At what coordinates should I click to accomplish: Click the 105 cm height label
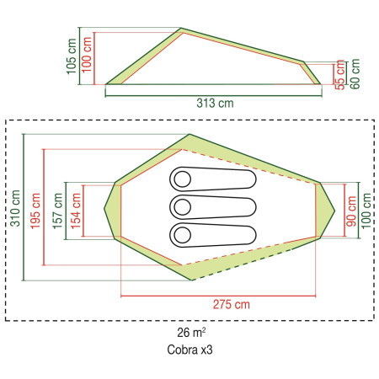(x=72, y=56)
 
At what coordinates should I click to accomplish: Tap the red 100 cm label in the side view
(x=87, y=54)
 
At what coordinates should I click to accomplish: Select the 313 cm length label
(x=215, y=103)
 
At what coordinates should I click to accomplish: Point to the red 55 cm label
(x=339, y=75)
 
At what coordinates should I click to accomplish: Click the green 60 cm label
(x=355, y=74)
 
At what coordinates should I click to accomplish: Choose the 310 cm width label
(x=15, y=208)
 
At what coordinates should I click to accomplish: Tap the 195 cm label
(x=35, y=211)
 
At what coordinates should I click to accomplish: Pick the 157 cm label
(x=57, y=211)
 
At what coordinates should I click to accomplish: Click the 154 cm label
(x=76, y=211)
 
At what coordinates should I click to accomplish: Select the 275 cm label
(x=232, y=304)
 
